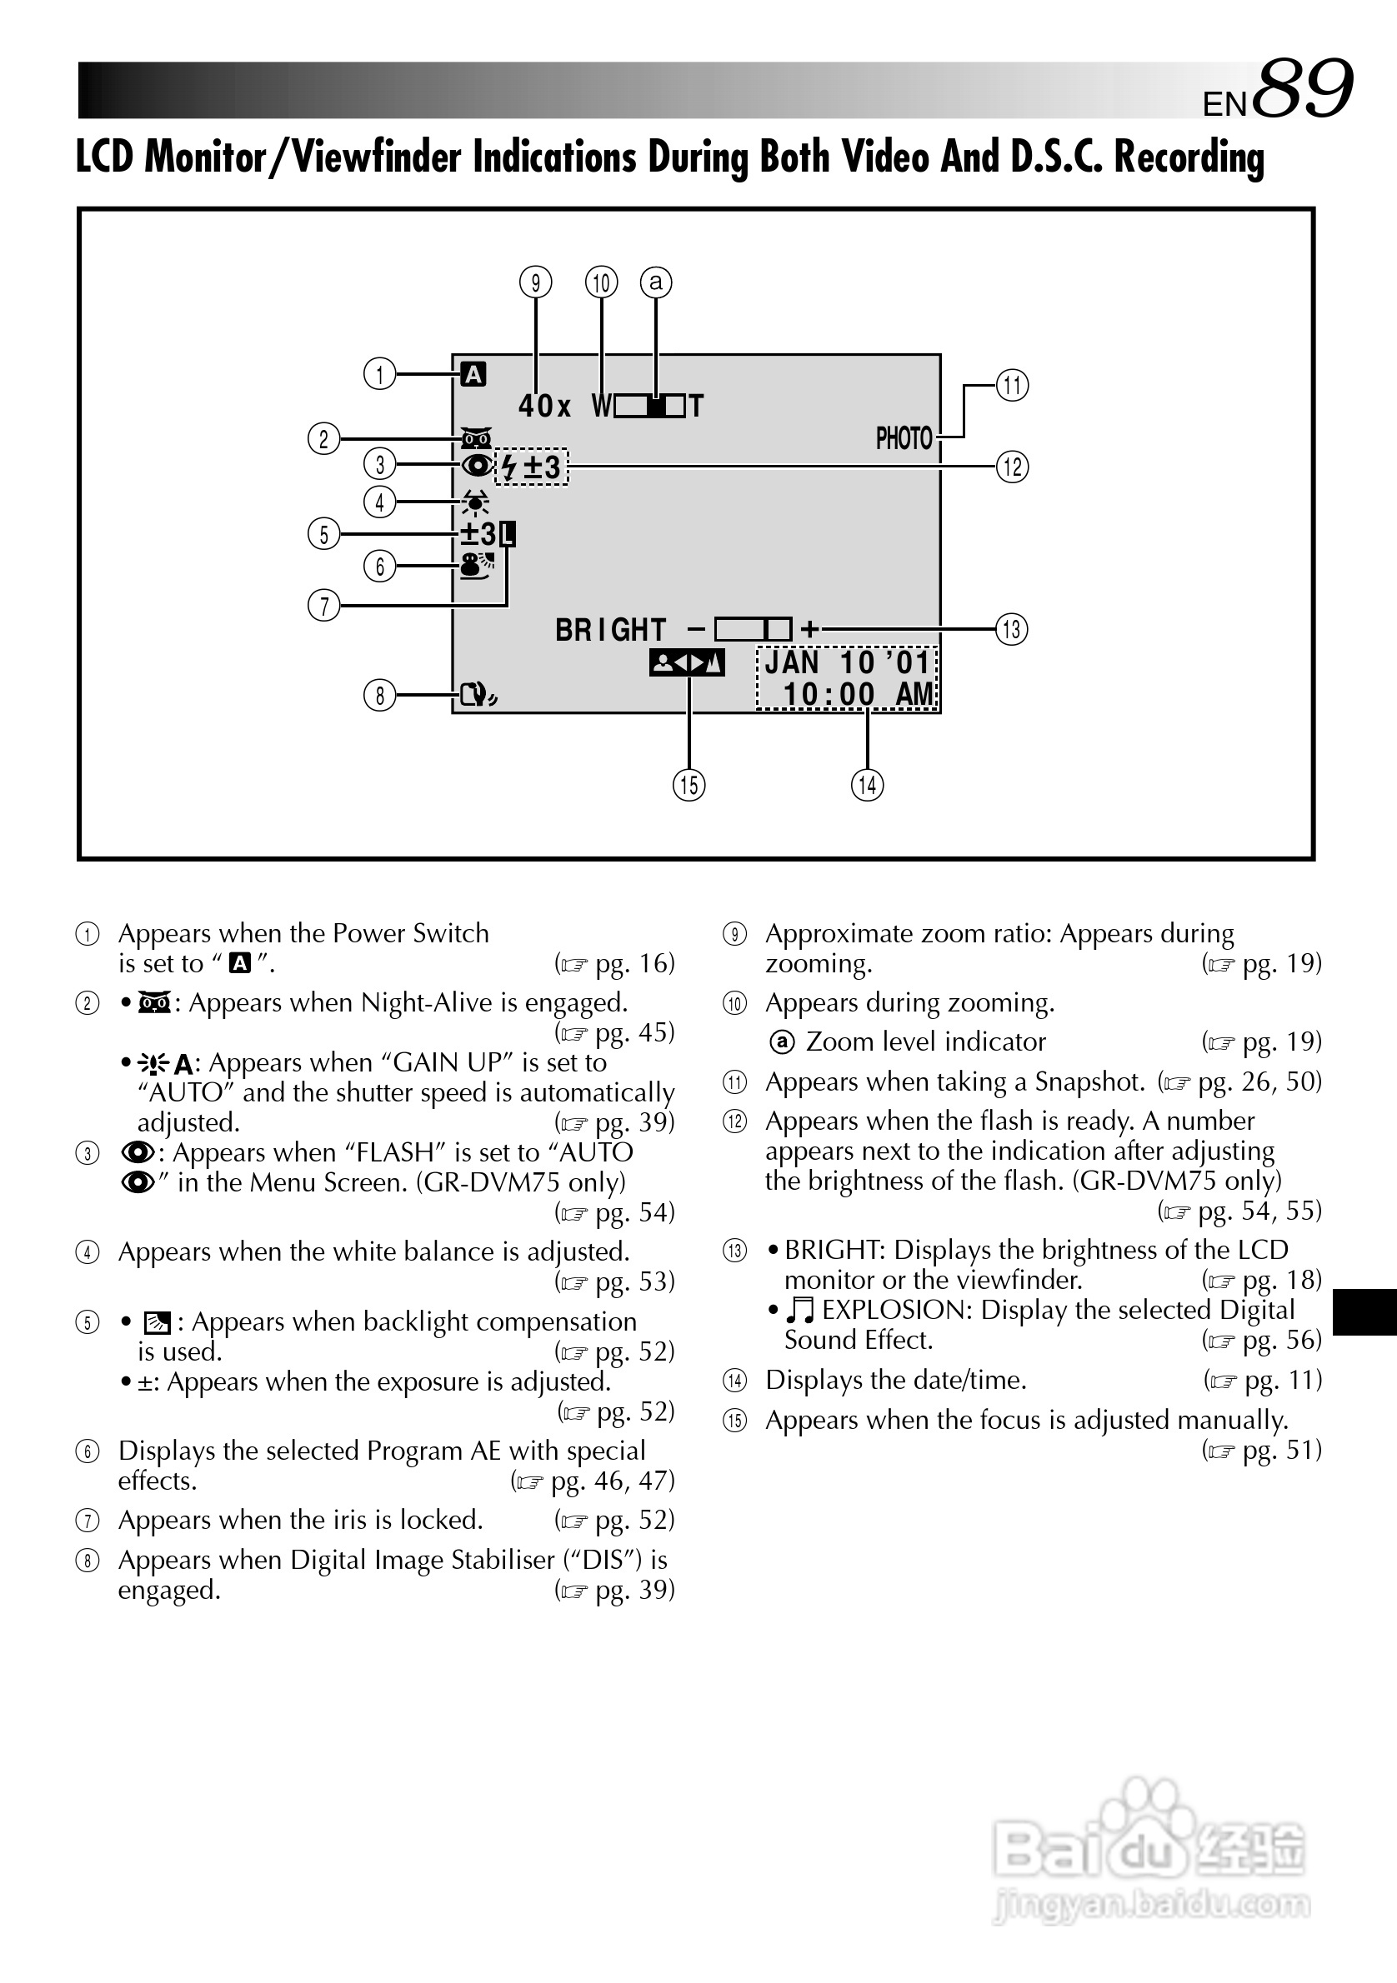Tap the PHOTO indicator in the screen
point(904,439)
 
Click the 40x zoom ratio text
point(544,406)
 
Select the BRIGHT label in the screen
point(611,631)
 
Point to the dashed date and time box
point(847,679)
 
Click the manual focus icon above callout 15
point(687,663)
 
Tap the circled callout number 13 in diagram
point(1012,629)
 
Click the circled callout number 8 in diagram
point(379,694)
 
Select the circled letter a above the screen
point(656,282)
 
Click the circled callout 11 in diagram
point(1012,385)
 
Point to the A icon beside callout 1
point(473,374)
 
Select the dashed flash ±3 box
point(532,467)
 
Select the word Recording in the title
point(1189,157)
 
